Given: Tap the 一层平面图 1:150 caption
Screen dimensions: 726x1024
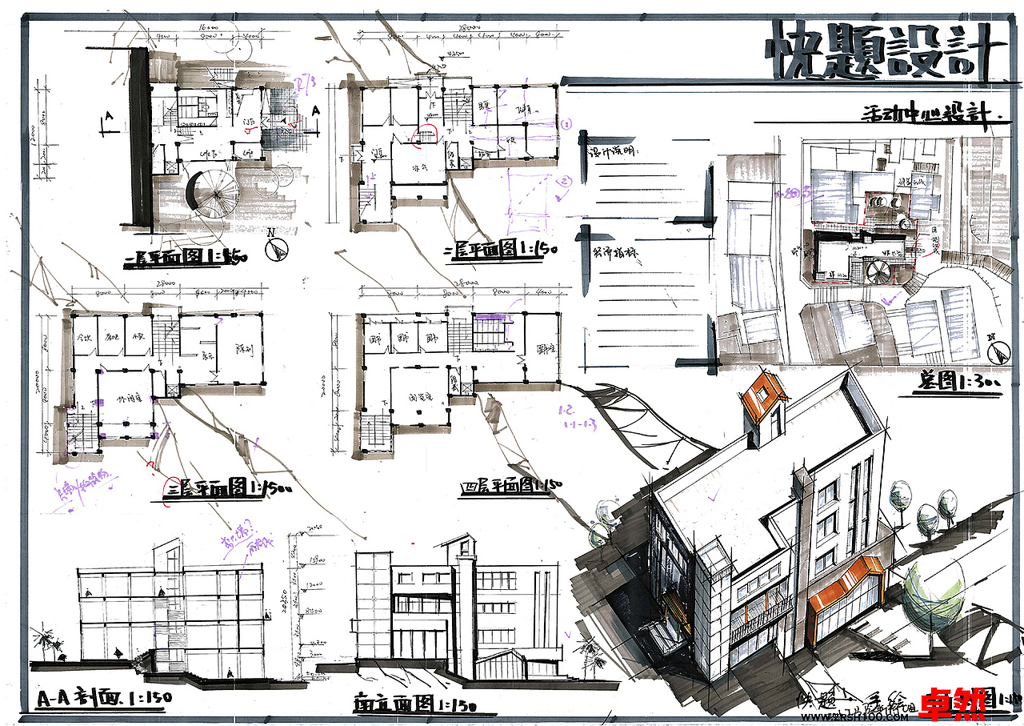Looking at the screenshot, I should click(189, 257).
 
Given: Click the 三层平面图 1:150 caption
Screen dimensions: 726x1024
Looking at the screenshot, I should click(216, 487).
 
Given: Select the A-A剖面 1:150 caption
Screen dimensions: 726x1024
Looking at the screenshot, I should click(104, 698).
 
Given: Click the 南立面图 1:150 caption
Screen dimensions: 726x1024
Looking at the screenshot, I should click(415, 704).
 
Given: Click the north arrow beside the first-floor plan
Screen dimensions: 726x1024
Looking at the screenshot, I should click(276, 249).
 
